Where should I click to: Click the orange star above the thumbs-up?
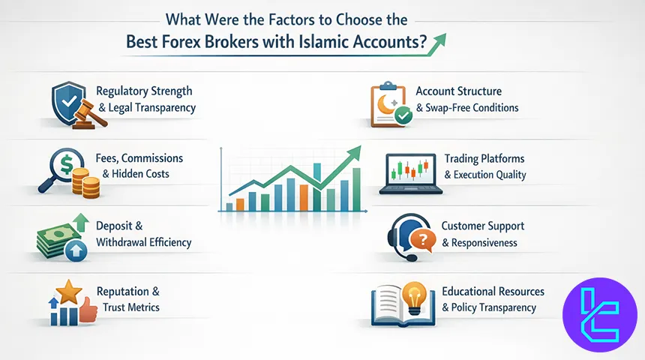click(x=69, y=292)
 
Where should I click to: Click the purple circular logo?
click(x=599, y=314)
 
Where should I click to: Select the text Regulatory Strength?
click(x=145, y=91)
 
